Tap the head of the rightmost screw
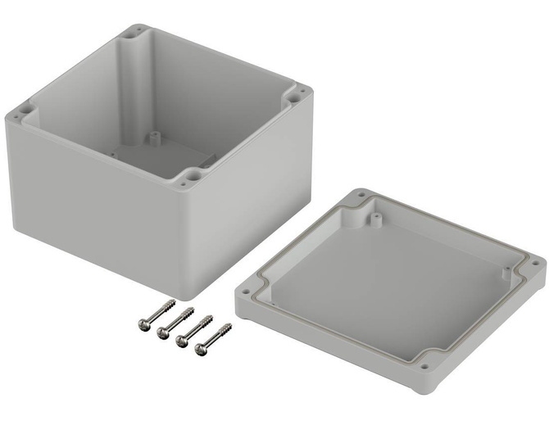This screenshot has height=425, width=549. click(200, 352)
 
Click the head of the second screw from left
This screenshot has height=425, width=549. click(162, 332)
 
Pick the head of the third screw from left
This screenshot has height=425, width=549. click(181, 342)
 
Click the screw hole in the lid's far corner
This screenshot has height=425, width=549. click(361, 197)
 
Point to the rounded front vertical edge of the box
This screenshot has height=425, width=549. click(195, 246)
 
